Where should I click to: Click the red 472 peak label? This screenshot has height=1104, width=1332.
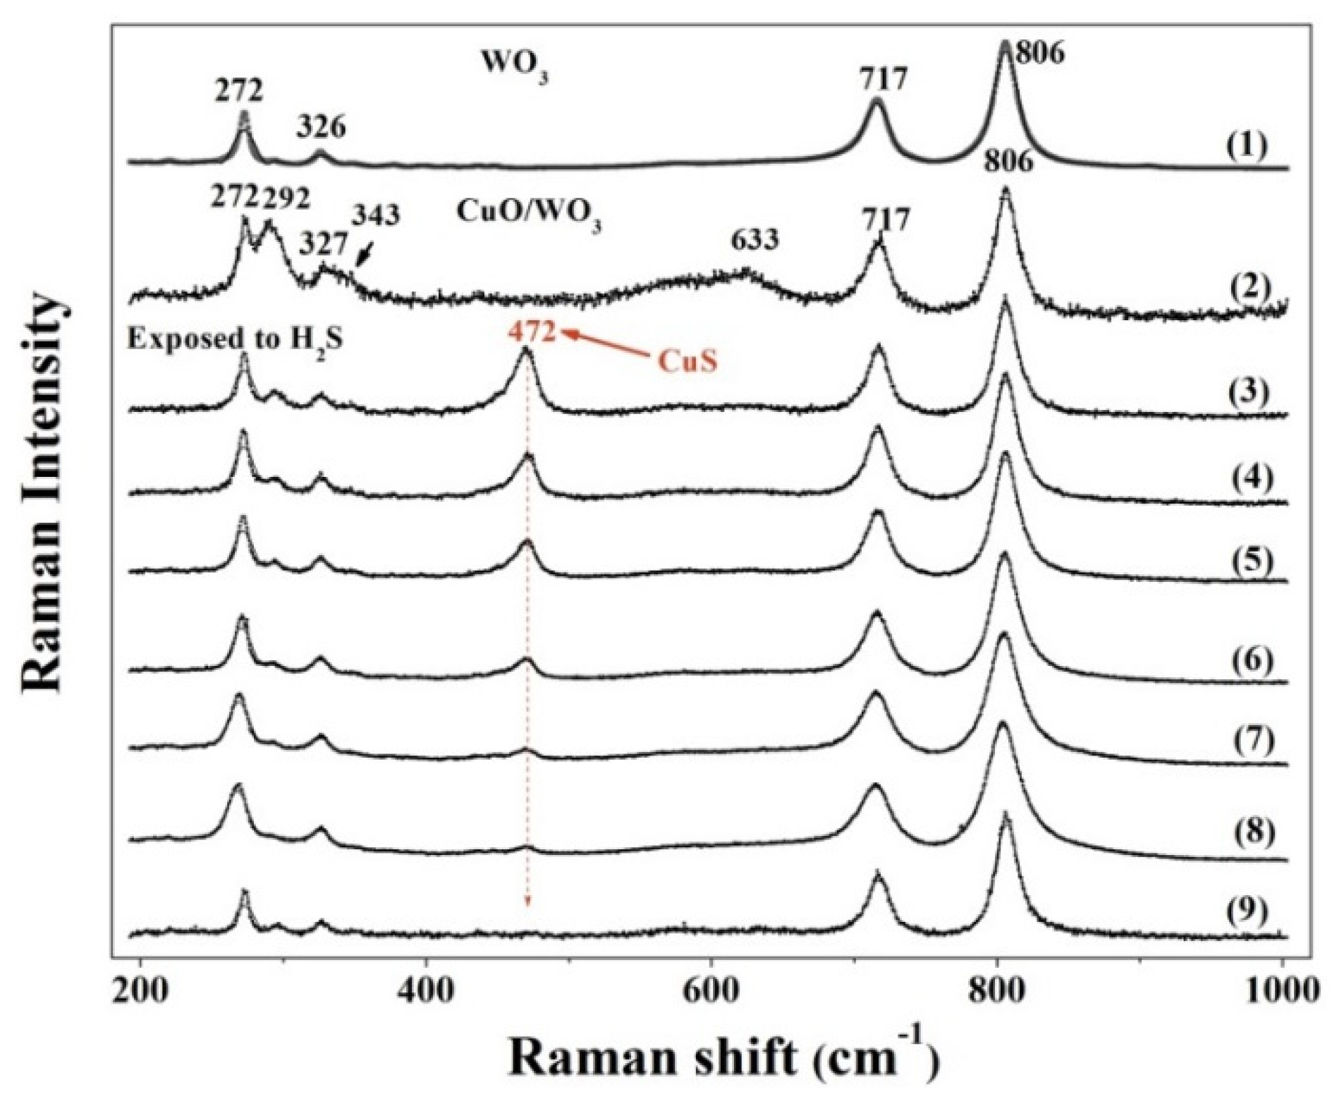click(x=533, y=332)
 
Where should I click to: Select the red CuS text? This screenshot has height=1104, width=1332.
click(x=687, y=362)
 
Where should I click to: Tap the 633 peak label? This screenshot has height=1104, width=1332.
click(x=754, y=241)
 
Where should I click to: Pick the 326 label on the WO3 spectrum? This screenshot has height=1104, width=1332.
click(x=322, y=128)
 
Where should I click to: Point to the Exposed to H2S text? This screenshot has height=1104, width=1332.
click(x=236, y=340)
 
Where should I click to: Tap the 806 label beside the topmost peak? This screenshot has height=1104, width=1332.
click(x=1039, y=53)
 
